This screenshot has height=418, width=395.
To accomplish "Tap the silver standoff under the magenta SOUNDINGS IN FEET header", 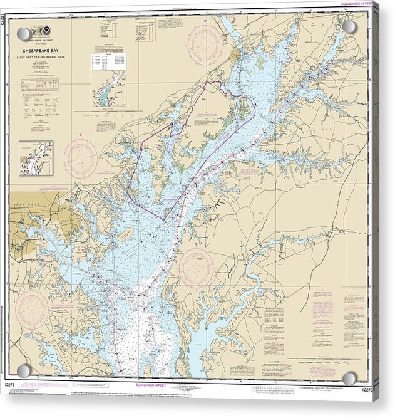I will pos(349,27).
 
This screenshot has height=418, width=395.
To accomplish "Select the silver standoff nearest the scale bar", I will pos(349,378).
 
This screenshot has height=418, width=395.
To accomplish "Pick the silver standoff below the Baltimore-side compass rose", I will pos(24,371).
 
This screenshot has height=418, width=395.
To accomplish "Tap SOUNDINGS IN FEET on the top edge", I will pos(352,5).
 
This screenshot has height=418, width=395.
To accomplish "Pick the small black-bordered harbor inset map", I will pos(36,157).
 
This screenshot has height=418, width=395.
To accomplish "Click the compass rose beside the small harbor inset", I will pos(81,158).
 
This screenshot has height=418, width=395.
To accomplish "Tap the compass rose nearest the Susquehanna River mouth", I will pos(204,44).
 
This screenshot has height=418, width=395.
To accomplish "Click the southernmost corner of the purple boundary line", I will pos(165,219).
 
